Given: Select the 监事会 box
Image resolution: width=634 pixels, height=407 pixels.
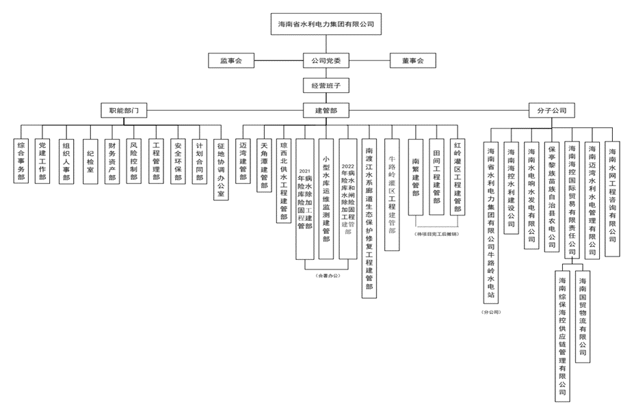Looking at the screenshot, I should coord(231,61).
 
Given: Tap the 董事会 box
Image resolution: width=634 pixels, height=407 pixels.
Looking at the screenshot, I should coord(412,61).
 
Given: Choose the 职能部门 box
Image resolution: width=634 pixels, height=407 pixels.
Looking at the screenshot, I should coord(123,110).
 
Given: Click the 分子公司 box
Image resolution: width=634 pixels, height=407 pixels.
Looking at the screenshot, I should coord(551,110).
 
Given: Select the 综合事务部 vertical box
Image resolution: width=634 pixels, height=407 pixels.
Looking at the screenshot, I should coord(21,161).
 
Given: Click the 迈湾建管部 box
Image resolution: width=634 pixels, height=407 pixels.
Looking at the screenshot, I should coord(243,161).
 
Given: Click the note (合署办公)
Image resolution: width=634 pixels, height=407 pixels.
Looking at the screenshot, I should coord(328,275).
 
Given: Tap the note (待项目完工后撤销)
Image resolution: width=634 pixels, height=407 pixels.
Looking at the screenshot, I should coord(436,234).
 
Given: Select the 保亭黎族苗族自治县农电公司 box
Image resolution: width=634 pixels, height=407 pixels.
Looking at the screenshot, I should coord(552,196).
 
